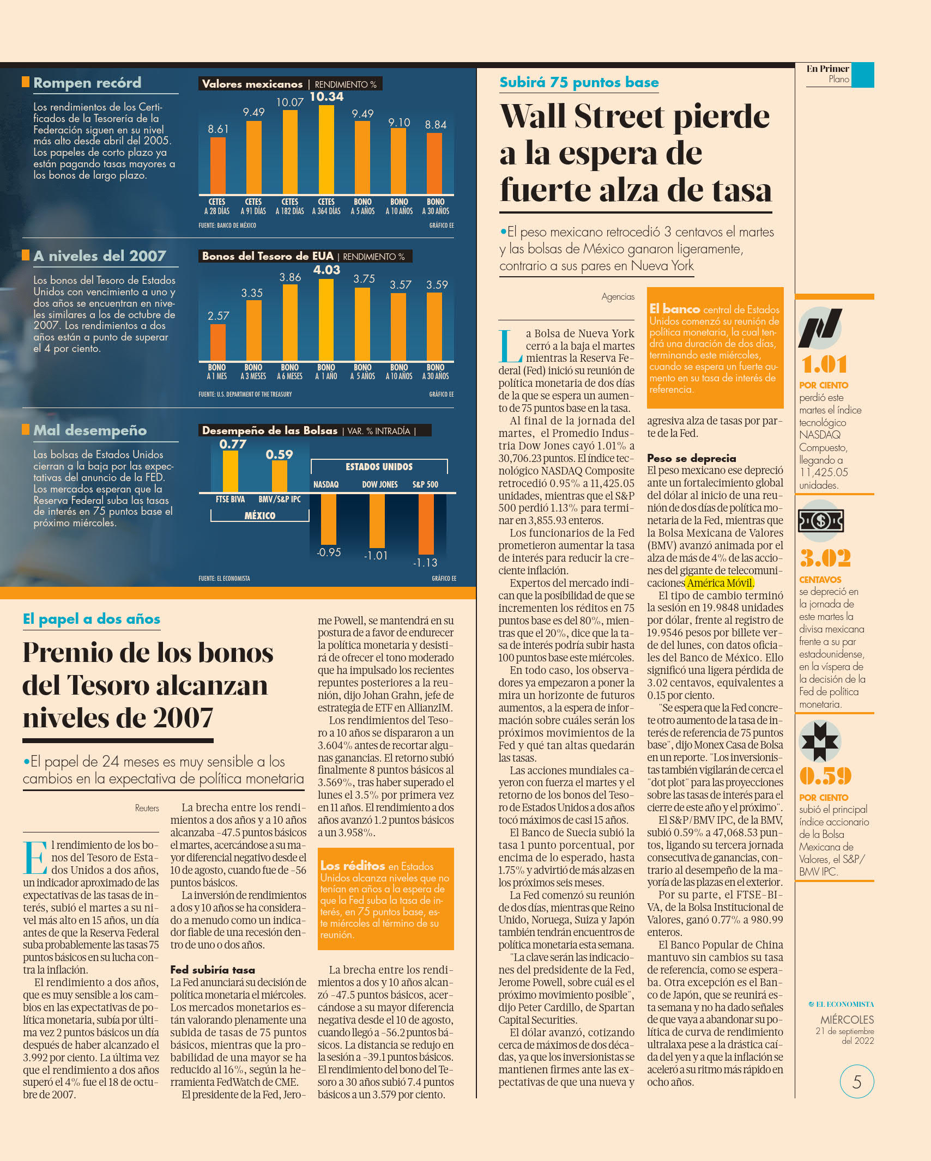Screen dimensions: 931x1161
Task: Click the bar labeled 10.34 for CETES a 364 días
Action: (326, 149)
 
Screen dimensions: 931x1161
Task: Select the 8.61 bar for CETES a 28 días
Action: (217, 166)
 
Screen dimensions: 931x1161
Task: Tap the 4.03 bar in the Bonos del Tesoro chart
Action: (326, 319)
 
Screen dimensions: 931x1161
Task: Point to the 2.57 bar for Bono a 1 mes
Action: (217, 342)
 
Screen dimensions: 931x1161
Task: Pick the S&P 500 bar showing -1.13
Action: (426, 524)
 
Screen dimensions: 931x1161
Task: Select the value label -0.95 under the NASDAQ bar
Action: (329, 552)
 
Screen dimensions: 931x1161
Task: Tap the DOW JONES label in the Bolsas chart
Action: (380, 484)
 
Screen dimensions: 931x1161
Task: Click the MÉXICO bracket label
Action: (260, 515)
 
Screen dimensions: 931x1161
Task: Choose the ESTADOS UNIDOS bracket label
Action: (379, 467)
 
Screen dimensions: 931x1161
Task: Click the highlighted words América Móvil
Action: (720, 583)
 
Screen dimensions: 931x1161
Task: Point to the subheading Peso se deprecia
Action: (691, 458)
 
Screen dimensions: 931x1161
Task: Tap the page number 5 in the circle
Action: (857, 1081)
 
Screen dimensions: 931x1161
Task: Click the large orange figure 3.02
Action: (825, 558)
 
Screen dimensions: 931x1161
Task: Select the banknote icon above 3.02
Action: (821, 521)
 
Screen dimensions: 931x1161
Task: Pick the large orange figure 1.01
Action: (824, 364)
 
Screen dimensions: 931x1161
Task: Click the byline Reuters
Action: (147, 808)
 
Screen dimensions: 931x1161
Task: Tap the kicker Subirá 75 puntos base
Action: (579, 82)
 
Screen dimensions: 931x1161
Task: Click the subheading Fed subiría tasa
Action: (213, 969)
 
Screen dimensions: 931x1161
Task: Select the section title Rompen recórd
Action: (87, 82)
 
